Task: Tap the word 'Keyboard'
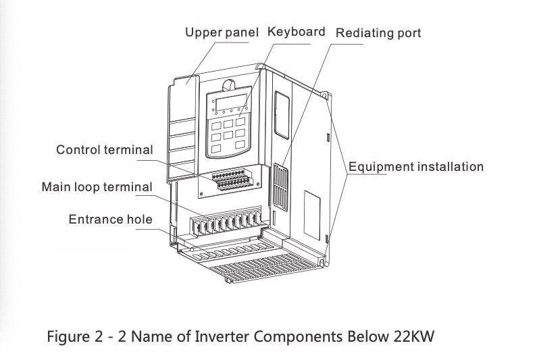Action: click(x=297, y=32)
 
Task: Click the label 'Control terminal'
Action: click(x=105, y=150)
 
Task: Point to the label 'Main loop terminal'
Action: click(x=97, y=186)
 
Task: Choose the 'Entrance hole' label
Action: click(x=111, y=220)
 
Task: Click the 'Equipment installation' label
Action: click(x=416, y=167)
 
